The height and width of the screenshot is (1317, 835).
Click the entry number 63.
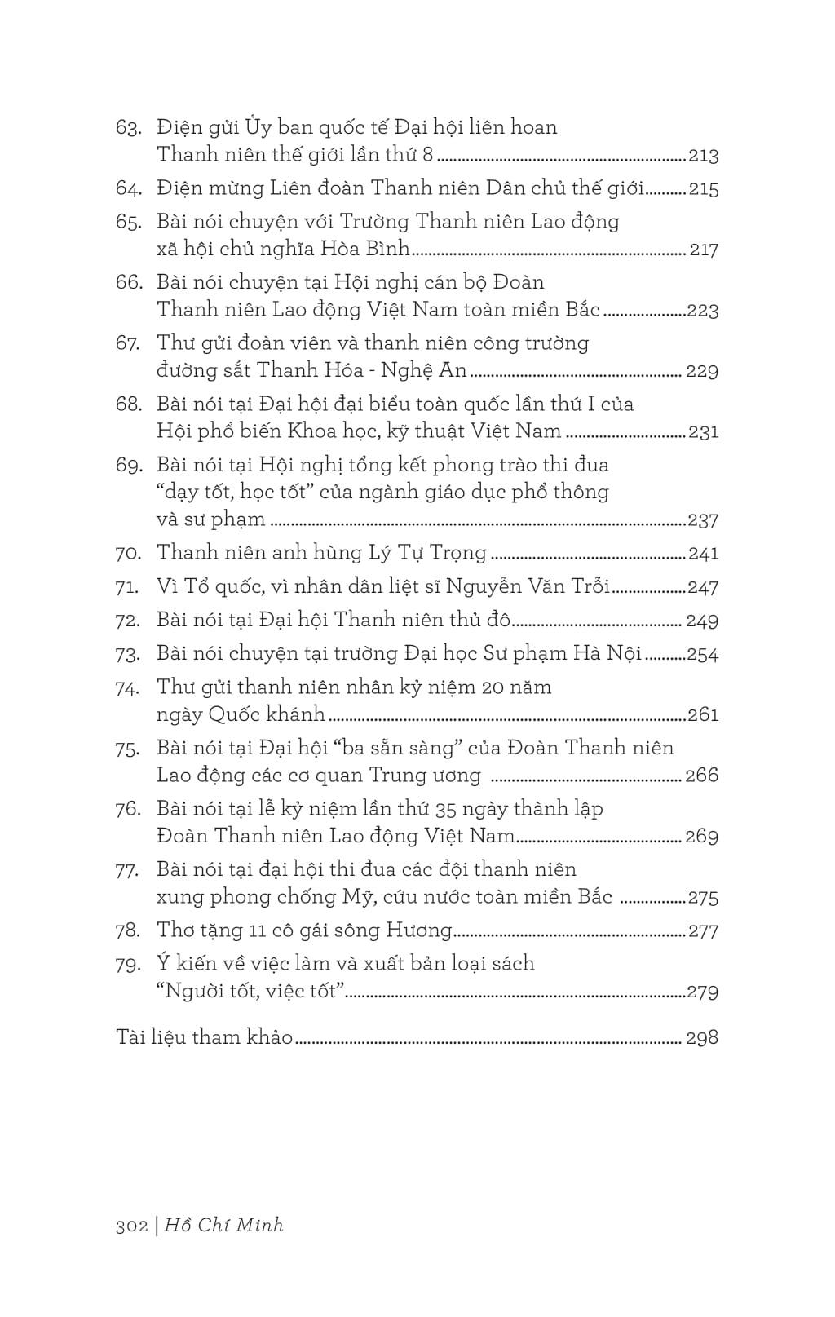click(x=129, y=128)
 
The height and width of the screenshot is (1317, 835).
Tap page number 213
click(x=703, y=156)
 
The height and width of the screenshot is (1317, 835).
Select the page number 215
click(x=703, y=189)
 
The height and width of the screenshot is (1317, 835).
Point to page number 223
click(x=703, y=311)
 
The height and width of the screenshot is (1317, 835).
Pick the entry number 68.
click(x=129, y=404)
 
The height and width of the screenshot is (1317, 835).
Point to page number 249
click(x=702, y=621)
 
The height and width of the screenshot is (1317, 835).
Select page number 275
click(x=703, y=898)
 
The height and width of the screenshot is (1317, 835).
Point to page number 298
click(x=702, y=1037)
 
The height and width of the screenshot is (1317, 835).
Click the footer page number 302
click(x=131, y=1226)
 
